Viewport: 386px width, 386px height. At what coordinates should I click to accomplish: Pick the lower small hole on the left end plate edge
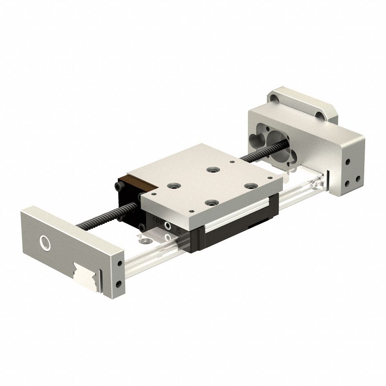119,283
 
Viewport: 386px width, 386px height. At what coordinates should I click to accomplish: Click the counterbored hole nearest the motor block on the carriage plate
212,169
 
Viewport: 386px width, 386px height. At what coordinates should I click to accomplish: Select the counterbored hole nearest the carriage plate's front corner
211,202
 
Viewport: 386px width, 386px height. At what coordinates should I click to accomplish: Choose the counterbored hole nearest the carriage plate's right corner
249,185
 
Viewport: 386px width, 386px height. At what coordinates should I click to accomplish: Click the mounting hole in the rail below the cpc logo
143,242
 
